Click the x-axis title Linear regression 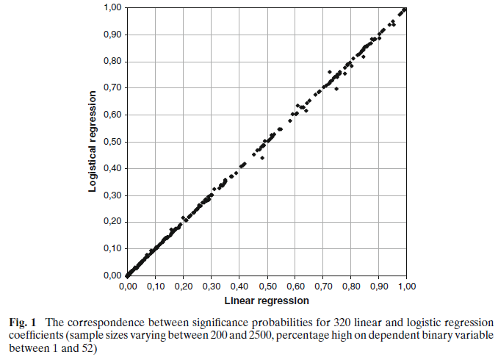point(267,300)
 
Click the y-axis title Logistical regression point(93,141)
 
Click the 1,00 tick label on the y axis point(113,8)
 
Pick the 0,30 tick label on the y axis point(113,195)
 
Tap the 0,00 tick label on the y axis point(113,276)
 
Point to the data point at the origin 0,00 point(128,275)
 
